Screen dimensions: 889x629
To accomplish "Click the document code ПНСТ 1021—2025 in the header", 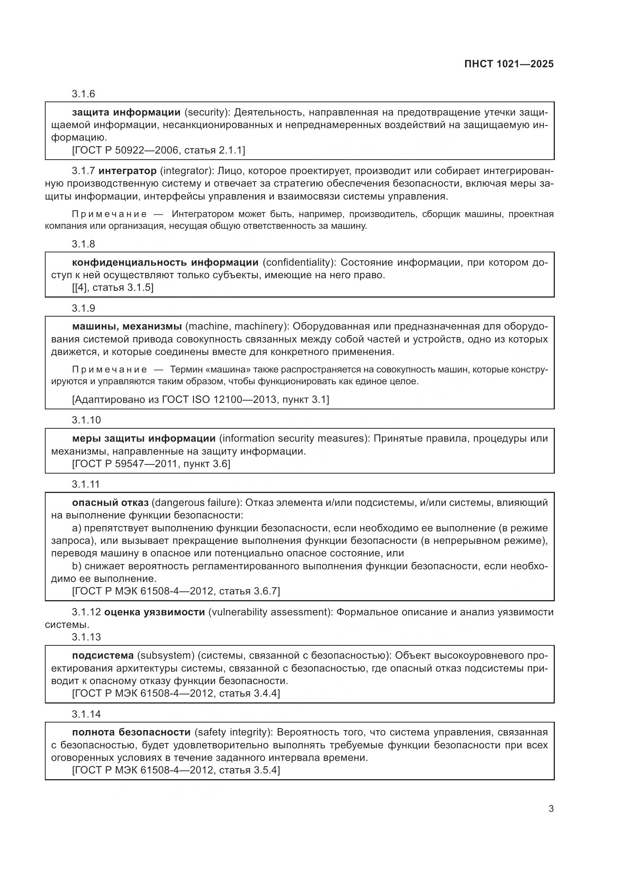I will click(x=508, y=64).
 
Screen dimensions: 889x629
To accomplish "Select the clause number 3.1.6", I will click(x=83, y=94).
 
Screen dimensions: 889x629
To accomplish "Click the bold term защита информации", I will click(x=126, y=113).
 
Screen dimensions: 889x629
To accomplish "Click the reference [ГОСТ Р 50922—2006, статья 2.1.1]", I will click(x=159, y=150).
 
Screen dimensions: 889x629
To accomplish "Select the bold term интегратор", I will click(x=127, y=171).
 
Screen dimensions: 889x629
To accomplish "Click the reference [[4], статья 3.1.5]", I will click(x=113, y=287).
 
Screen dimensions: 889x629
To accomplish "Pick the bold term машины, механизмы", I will click(x=127, y=326).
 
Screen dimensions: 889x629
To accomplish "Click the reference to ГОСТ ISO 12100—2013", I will click(x=200, y=399).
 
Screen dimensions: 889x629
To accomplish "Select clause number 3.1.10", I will click(x=86, y=420).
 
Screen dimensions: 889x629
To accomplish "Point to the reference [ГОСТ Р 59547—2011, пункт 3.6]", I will click(x=151, y=463).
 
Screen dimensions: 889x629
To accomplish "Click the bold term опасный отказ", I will click(x=110, y=502).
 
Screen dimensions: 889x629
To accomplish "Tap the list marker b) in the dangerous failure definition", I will click(x=76, y=566).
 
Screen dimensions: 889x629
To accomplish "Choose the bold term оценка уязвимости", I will click(x=154, y=612).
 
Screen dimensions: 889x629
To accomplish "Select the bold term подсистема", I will click(x=103, y=655).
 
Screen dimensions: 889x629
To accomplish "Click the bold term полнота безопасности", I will click(x=131, y=732).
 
